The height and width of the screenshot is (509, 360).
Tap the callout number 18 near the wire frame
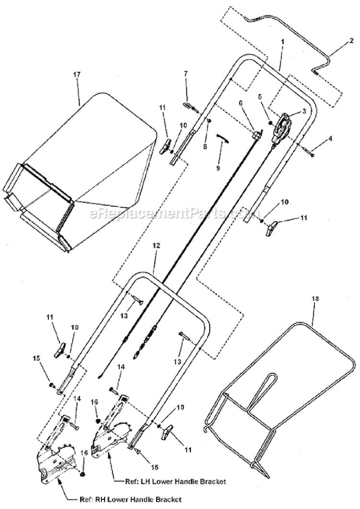click(x=315, y=298)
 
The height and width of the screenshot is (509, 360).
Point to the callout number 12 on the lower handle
click(x=155, y=259)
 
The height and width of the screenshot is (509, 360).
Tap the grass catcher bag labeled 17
click(x=96, y=158)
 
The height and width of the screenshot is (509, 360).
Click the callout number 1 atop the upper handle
click(x=283, y=42)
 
